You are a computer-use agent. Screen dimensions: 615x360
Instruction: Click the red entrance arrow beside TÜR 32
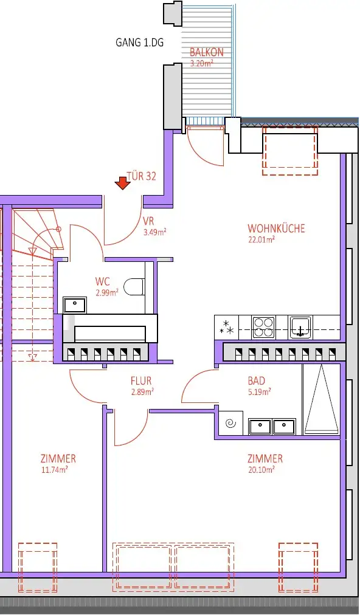click(122, 182)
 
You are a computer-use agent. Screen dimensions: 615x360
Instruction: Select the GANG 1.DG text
click(140, 43)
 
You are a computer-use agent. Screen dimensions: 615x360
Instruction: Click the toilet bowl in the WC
click(133, 287)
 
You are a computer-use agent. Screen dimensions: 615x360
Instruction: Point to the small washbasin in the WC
click(75, 304)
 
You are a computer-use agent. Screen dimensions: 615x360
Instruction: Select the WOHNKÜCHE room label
click(276, 228)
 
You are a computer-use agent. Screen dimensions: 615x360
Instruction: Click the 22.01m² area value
click(261, 239)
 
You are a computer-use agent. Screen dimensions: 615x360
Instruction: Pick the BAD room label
click(256, 381)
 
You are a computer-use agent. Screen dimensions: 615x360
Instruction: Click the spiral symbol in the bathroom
click(230, 424)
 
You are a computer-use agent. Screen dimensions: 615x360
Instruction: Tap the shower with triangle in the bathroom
click(320, 399)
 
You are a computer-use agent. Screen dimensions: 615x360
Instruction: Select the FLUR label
click(141, 381)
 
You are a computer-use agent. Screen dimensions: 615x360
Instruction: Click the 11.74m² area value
click(54, 469)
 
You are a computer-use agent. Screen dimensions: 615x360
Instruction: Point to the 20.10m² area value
click(261, 469)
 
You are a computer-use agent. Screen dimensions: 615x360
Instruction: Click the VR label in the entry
click(148, 221)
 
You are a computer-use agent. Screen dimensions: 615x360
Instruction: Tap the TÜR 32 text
click(141, 176)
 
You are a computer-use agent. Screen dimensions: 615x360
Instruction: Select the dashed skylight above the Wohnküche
click(290, 151)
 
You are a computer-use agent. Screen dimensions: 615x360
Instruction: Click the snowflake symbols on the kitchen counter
click(227, 327)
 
